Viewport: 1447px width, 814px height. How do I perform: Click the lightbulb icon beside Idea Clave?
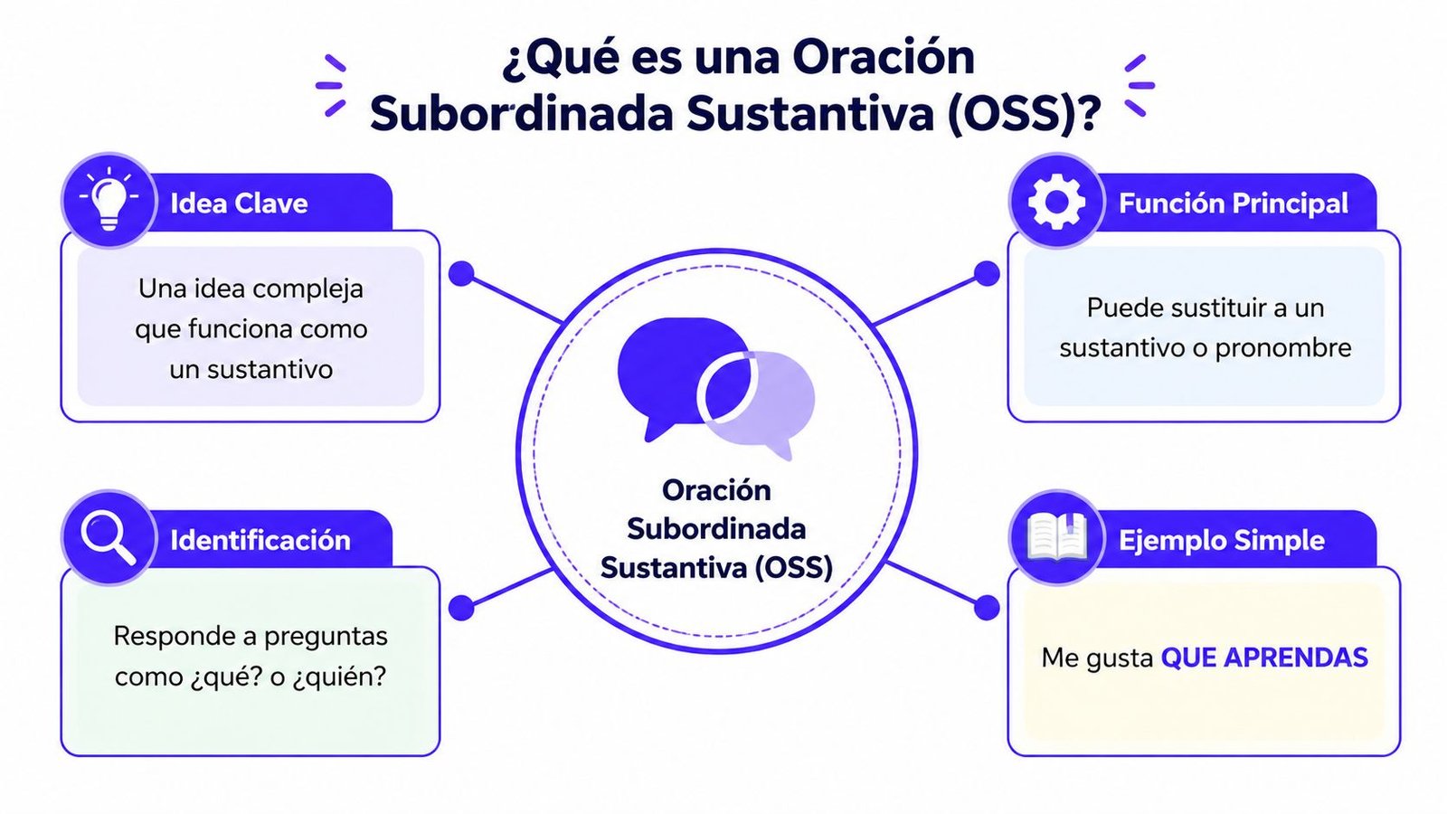click(109, 200)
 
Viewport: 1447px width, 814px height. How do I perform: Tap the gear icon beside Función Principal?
click(1055, 201)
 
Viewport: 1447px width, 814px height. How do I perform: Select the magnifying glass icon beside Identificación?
click(108, 537)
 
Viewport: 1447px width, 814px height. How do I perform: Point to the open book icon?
click(1056, 538)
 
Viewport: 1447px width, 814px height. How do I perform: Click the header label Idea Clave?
click(239, 203)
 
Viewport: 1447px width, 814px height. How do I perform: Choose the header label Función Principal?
click(1233, 203)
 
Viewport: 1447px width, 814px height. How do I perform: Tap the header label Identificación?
click(260, 540)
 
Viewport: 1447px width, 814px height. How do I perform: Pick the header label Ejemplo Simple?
click(1221, 540)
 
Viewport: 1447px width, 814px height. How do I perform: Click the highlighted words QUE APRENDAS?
click(1263, 658)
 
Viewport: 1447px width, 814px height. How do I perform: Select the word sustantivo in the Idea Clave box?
click(270, 369)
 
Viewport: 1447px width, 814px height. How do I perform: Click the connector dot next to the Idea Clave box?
click(461, 273)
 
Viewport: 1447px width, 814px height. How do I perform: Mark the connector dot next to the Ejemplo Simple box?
click(987, 608)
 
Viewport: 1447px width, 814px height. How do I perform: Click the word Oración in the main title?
click(884, 57)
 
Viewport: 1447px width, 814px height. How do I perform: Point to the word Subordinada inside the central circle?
click(715, 528)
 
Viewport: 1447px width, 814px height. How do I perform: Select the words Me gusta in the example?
click(1096, 658)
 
